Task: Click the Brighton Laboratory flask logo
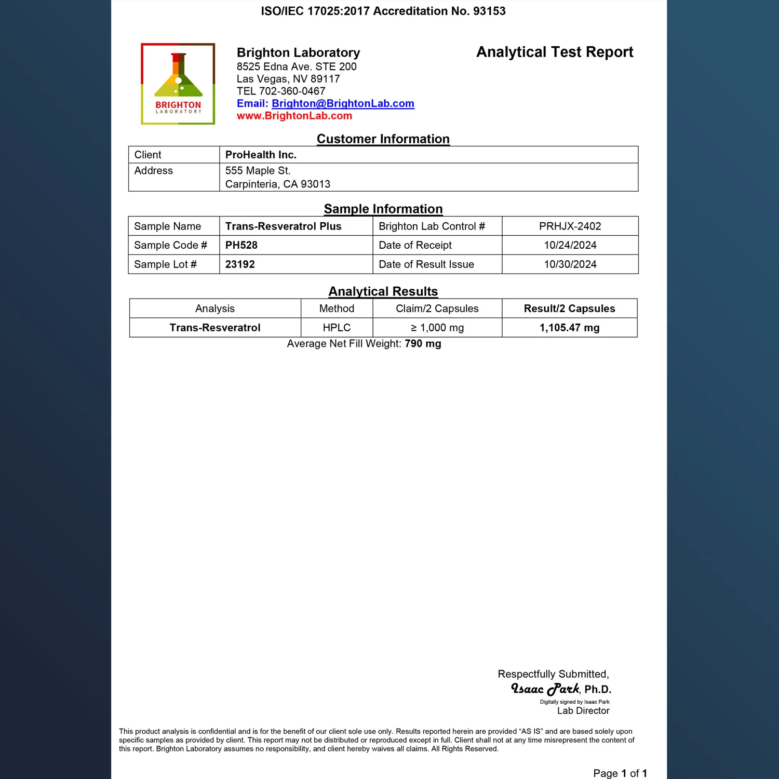coord(178,84)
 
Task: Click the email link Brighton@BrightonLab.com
coord(343,103)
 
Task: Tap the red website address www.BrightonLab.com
coord(294,116)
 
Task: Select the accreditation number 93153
coord(489,11)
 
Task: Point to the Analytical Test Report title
coord(555,52)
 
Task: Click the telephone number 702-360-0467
coord(292,91)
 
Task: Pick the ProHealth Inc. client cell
coord(261,155)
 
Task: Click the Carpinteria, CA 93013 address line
coord(278,184)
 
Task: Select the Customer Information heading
coord(383,139)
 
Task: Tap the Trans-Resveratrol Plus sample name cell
coord(284,226)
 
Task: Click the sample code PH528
coord(241,245)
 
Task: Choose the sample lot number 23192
coord(240,264)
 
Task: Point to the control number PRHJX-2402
coord(570,226)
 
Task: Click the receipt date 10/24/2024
coord(570,245)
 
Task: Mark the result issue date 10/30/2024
coord(570,264)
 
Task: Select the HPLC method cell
coord(337,328)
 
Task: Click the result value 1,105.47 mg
coord(569,328)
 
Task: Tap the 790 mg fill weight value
coord(423,344)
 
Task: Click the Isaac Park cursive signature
coord(545,689)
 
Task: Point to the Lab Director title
coord(583,710)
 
